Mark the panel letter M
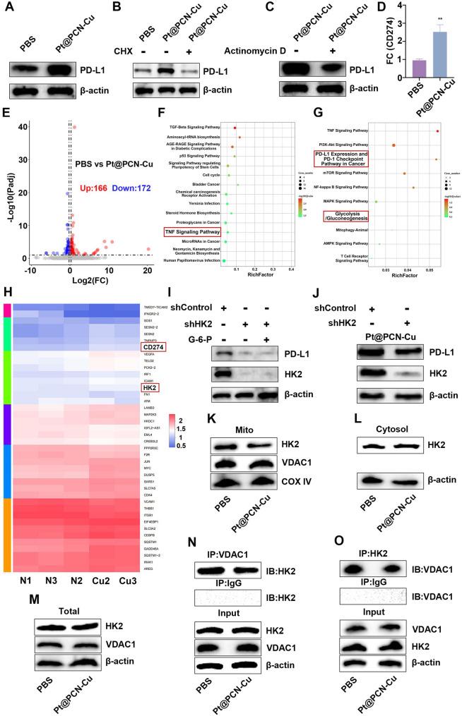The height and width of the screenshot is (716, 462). pos(15,619)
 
